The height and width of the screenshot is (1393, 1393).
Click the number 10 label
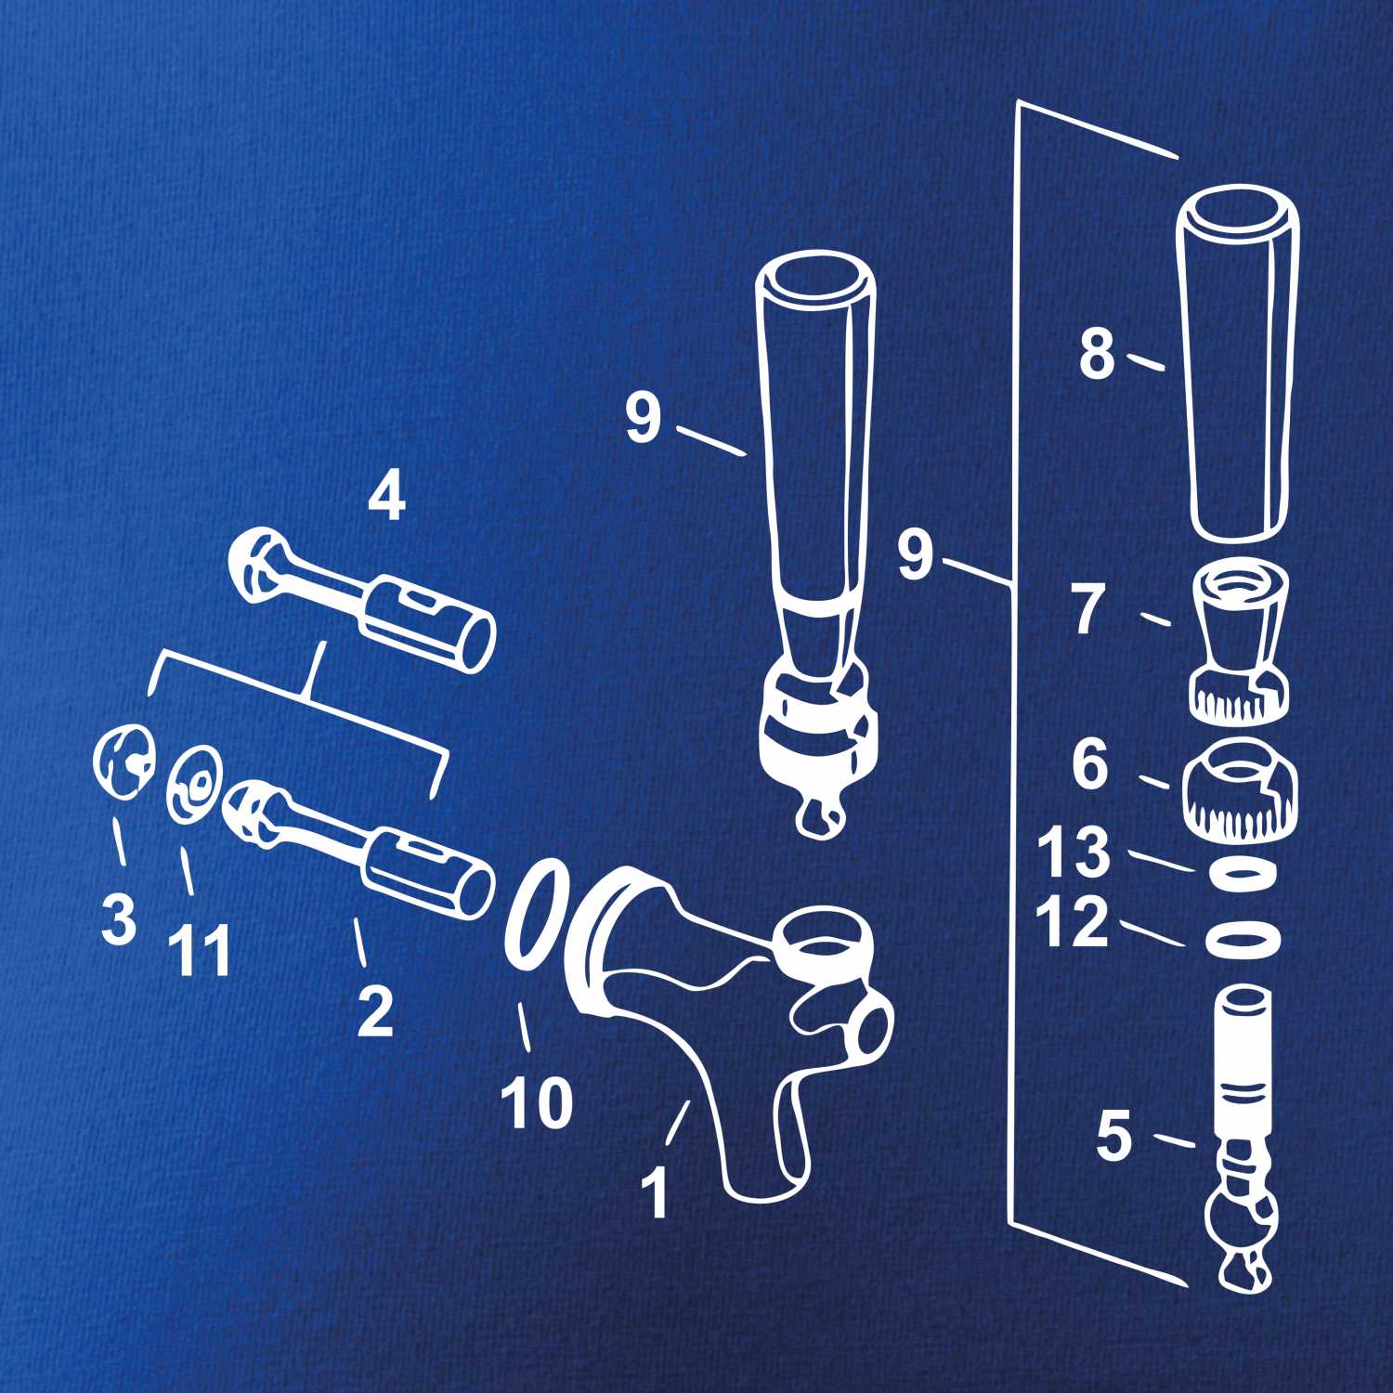[x=536, y=1103]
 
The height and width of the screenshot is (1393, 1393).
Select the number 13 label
[x=1073, y=852]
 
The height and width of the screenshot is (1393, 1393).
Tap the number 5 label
[x=1114, y=1136]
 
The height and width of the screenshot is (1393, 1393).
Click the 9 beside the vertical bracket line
[x=915, y=555]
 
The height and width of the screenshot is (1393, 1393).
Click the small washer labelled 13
[x=1243, y=874]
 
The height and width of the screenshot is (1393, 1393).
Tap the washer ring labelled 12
[x=1243, y=940]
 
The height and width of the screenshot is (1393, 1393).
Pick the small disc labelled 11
[x=193, y=785]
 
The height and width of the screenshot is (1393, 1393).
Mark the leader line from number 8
[x=1146, y=361]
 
